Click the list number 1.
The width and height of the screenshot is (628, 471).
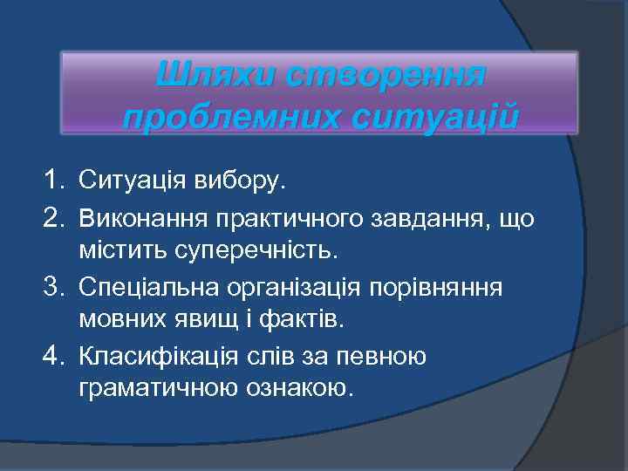coord(54,181)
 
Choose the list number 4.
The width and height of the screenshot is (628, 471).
coord(54,355)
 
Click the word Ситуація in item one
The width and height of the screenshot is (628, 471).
coord(134,181)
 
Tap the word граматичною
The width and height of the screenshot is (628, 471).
coord(156,390)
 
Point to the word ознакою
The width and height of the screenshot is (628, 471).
coord(297,390)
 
